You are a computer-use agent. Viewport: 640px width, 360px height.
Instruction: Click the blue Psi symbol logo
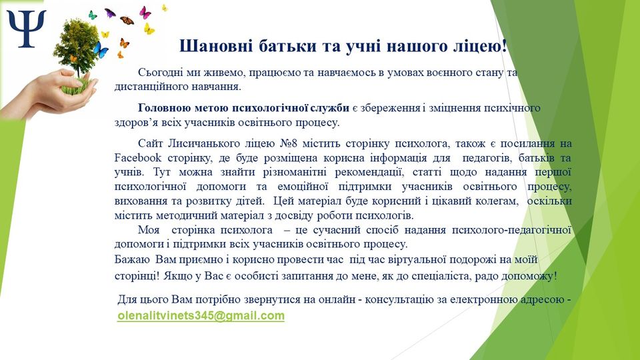[27, 29]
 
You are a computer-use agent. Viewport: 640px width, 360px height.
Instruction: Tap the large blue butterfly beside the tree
[100, 49]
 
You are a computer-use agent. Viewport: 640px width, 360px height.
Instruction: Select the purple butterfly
[110, 13]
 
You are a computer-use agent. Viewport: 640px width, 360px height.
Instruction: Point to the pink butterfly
[145, 13]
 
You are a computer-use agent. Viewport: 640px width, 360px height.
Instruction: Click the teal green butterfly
[93, 15]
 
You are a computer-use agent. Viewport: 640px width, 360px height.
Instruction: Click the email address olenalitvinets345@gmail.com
[201, 315]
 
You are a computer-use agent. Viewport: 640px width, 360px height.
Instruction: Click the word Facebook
[137, 157]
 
